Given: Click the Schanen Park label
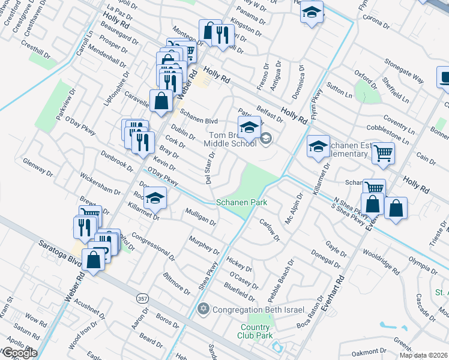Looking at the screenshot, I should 241,202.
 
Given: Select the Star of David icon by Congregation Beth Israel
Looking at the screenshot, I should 203,308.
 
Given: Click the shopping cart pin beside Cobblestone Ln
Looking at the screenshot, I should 383,152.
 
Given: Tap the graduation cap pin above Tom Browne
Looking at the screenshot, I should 249,126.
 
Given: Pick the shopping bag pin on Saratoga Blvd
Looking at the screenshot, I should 94,260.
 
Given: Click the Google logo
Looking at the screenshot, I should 19,353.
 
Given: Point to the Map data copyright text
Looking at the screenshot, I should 423,355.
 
